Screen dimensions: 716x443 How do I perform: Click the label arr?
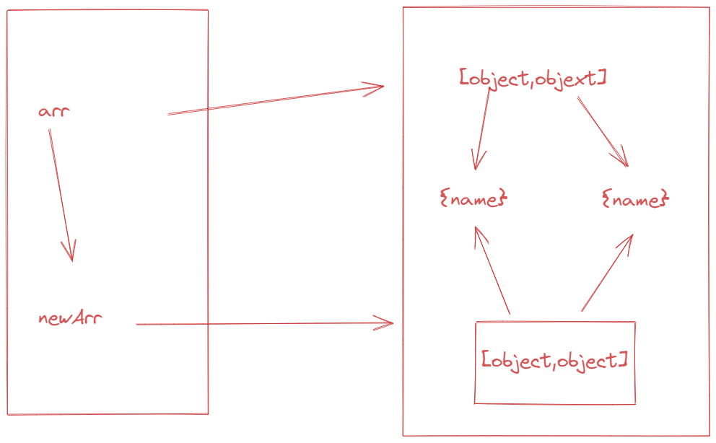pos(54,112)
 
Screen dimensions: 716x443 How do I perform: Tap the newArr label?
pos(70,318)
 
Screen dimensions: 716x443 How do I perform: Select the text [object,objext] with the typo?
pos(533,79)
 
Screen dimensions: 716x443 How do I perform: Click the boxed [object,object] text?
pos(555,361)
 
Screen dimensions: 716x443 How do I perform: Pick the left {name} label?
pos(473,199)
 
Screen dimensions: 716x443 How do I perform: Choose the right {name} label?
pos(636,199)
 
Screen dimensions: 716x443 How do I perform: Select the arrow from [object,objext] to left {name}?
pos(482,128)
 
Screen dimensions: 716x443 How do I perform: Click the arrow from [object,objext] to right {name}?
pos(603,131)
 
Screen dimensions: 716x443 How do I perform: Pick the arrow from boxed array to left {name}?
pos(492,271)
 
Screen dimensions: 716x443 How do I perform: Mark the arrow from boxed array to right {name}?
pos(607,273)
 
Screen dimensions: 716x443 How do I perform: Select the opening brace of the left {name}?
pos(444,198)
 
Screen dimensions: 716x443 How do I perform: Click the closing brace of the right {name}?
pos(665,198)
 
